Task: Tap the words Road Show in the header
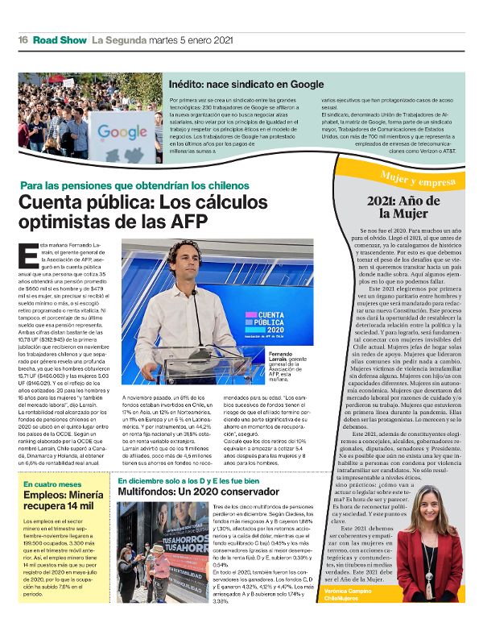(x=60, y=39)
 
